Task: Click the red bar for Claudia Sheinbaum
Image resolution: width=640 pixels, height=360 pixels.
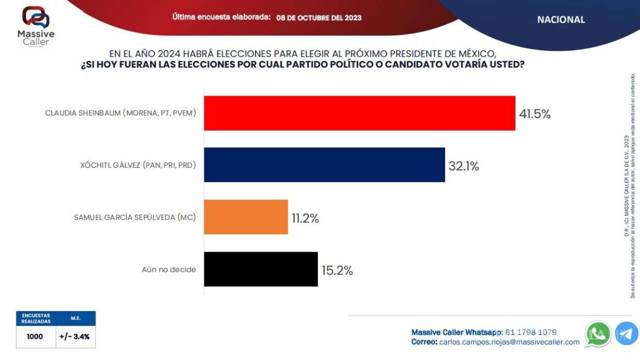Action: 359,113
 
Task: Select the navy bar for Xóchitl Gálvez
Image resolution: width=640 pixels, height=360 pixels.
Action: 324,165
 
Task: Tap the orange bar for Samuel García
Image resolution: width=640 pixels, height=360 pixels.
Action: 246,217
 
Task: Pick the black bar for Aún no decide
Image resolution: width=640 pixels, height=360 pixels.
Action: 261,269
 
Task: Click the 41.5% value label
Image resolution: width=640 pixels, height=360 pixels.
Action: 534,114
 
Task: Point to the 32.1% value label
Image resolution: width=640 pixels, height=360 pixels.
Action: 464,166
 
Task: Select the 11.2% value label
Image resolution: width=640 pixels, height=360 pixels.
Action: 305,218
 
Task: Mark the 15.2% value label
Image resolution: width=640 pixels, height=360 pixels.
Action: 337,271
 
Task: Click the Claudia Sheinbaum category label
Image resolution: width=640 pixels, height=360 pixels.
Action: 121,113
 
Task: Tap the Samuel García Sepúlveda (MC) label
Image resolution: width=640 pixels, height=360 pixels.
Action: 135,217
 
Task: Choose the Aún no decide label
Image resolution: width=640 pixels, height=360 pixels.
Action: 168,270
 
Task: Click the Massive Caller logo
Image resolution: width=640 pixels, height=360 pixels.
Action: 36,26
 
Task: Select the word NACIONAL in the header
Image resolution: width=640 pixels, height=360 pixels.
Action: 561,19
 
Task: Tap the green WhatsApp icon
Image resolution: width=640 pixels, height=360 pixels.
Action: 598,334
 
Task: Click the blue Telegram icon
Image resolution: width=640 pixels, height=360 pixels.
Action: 626,334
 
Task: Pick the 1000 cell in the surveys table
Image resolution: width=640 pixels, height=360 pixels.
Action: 35,337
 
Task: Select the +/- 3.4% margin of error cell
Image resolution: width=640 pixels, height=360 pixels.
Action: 75,337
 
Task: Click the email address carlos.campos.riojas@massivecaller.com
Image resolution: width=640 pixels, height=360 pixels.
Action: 509,342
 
